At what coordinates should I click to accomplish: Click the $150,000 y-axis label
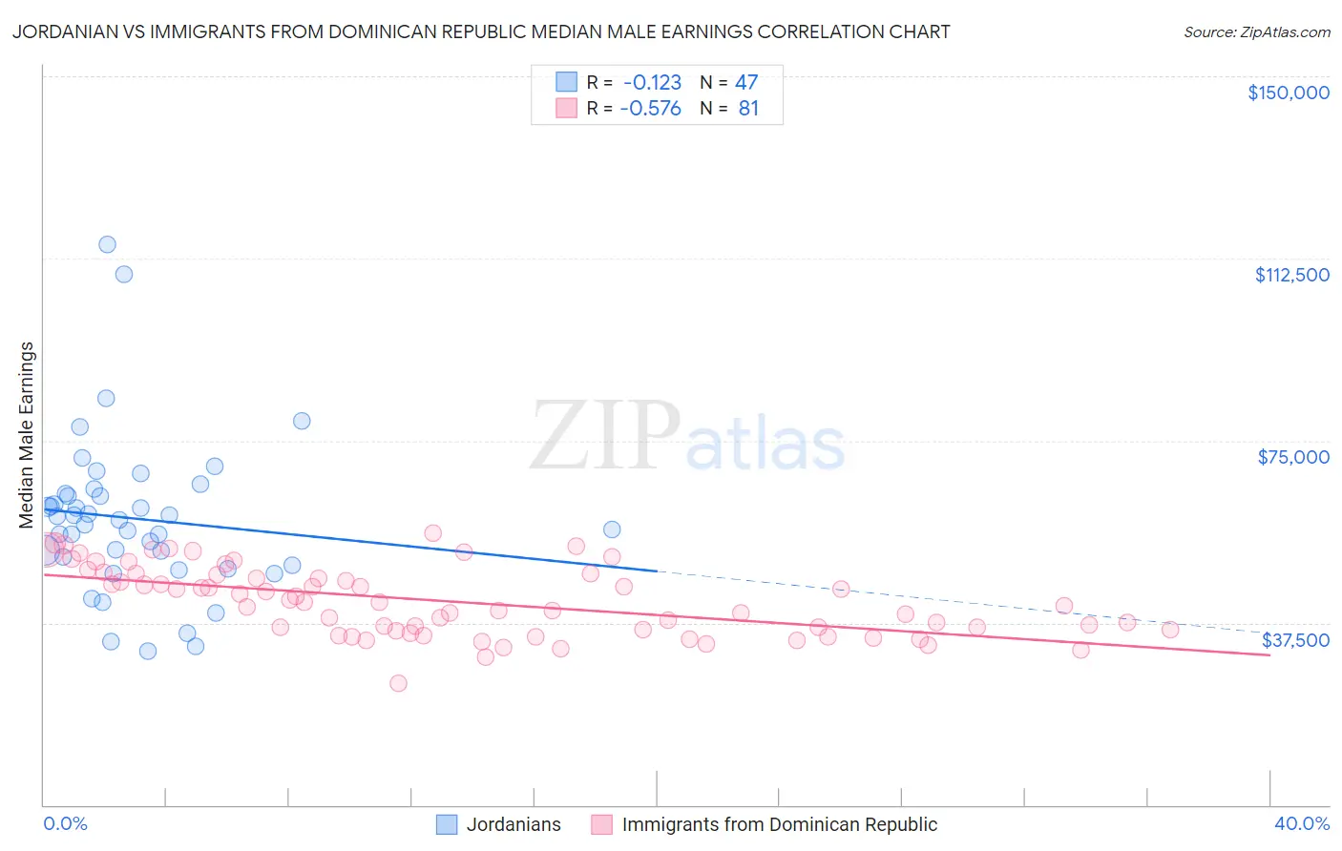(1288, 93)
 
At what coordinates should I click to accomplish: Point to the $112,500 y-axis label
(1291, 275)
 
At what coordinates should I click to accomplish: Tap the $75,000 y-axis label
(1293, 457)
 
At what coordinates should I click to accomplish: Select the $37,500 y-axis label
(1295, 640)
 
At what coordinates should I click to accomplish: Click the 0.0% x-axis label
(65, 824)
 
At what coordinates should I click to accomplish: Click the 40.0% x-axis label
(1301, 824)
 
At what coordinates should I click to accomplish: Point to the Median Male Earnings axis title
(27, 434)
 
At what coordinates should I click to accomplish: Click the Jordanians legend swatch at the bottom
(447, 824)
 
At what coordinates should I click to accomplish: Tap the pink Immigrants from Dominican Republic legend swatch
(601, 824)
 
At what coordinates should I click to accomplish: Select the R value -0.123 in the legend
(652, 82)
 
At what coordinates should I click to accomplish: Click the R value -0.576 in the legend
(650, 109)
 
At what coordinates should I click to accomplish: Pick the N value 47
(746, 82)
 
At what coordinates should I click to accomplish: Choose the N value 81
(748, 109)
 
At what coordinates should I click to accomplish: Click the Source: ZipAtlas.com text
(1256, 32)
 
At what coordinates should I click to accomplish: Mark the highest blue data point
(107, 244)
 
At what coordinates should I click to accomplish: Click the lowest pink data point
(398, 683)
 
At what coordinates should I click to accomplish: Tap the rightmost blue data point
(612, 529)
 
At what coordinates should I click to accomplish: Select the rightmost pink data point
(1170, 630)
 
